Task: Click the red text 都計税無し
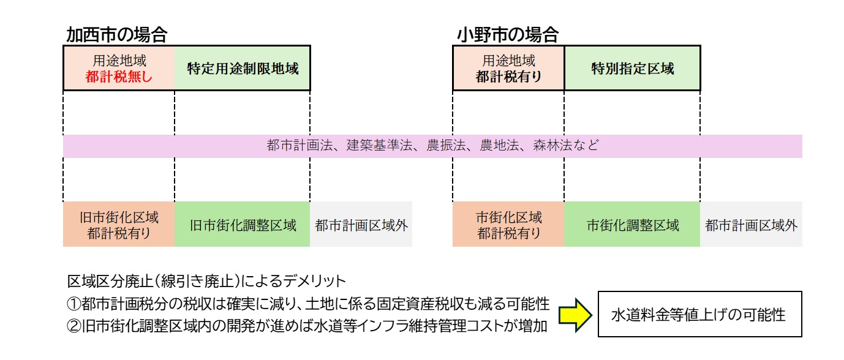coord(119,77)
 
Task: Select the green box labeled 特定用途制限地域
coord(243,69)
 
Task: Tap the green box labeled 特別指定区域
coord(632,69)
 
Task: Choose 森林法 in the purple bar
coord(552,146)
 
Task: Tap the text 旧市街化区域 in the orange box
coord(119,217)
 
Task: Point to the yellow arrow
coord(575,315)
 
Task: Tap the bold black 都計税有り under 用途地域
coord(509,77)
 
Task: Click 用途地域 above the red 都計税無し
coord(119,61)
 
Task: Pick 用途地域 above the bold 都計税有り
coord(509,61)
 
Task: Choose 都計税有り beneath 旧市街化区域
coord(119,233)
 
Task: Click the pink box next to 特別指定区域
coord(509,69)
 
